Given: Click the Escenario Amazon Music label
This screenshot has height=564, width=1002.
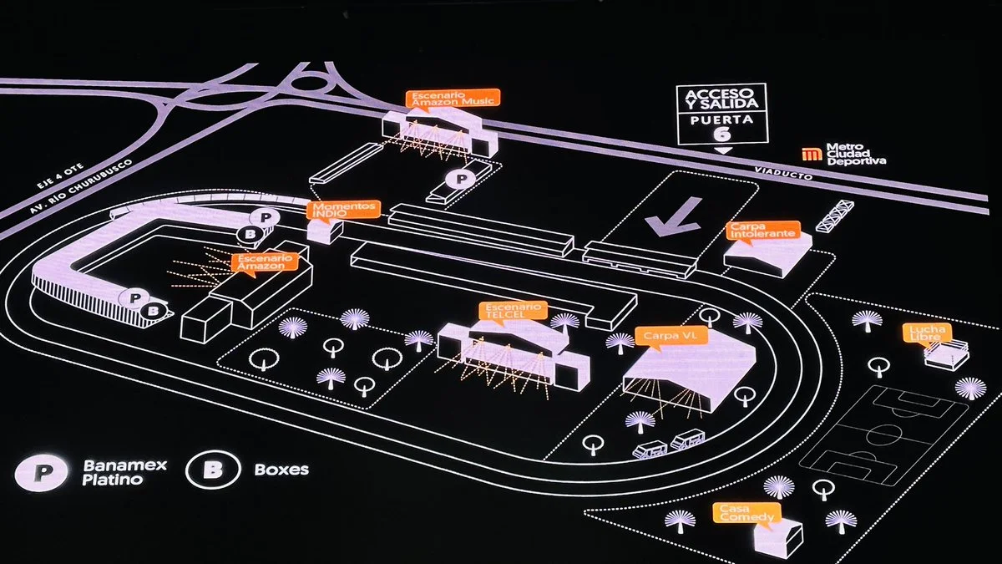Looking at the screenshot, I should (x=453, y=98).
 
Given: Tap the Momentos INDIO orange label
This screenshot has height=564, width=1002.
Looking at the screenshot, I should (x=344, y=209).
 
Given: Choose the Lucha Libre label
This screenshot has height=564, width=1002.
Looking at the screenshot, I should (x=927, y=333).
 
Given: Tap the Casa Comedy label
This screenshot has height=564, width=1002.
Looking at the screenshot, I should (x=746, y=512).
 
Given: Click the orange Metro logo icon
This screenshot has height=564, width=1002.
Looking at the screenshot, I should (x=810, y=154).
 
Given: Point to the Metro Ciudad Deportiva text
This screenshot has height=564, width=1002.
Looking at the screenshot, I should (x=855, y=154).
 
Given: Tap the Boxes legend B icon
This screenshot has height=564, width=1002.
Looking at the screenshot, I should (x=215, y=470).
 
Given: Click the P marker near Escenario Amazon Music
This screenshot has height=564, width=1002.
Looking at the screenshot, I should (x=462, y=178).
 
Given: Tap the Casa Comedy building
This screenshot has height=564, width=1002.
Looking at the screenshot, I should (x=777, y=536).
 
